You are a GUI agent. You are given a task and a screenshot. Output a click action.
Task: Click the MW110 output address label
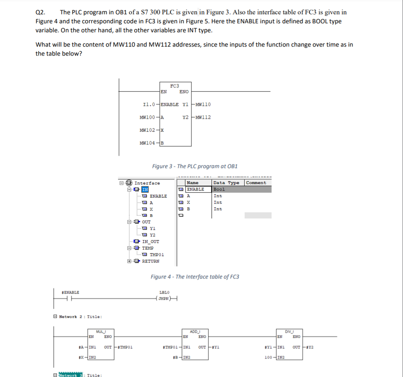tap(203, 104)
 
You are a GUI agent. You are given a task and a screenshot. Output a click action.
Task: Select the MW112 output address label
tap(203, 117)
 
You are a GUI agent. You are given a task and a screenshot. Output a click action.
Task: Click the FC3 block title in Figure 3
tap(174, 85)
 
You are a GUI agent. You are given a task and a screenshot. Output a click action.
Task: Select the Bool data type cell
tap(219, 189)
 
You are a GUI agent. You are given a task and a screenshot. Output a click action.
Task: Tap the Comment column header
tap(256, 183)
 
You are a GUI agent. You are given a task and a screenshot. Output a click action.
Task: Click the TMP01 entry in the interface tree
tap(157, 254)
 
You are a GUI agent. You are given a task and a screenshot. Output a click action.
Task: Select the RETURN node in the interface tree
tap(150, 261)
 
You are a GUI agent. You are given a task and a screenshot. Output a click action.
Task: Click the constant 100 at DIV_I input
tap(269, 358)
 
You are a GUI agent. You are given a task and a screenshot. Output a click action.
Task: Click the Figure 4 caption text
tap(195, 277)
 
